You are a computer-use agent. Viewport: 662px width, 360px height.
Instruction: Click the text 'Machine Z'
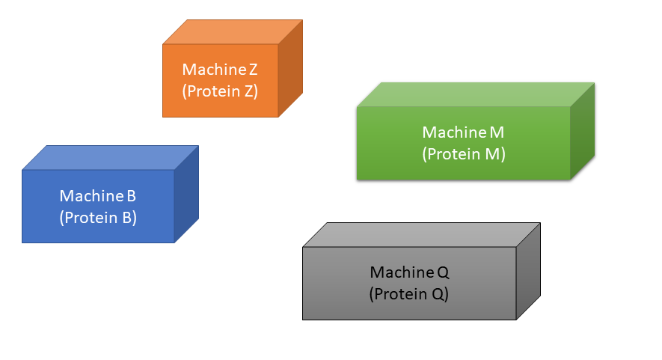pyautogui.click(x=220, y=70)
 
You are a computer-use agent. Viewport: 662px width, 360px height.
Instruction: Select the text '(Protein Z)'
pyautogui.click(x=220, y=91)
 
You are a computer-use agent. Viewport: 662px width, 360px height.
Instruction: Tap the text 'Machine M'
pyautogui.click(x=463, y=132)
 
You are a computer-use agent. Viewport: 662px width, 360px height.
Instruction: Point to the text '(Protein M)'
pyautogui.click(x=464, y=154)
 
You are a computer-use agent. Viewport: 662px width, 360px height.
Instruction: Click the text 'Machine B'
pyautogui.click(x=98, y=196)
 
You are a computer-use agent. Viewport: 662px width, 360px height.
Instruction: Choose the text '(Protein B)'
pyautogui.click(x=98, y=218)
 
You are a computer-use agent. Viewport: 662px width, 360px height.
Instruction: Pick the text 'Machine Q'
pyautogui.click(x=409, y=271)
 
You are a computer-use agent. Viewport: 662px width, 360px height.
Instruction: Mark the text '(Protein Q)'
pyautogui.click(x=409, y=293)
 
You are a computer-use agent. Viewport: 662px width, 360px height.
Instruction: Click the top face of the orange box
pyautogui.click(x=233, y=32)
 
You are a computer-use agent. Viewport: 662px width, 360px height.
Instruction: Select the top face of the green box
pyautogui.click(x=476, y=95)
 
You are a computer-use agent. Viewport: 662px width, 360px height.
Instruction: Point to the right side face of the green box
pyautogui.click(x=582, y=131)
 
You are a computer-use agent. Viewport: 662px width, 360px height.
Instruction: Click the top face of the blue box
pyautogui.click(x=111, y=158)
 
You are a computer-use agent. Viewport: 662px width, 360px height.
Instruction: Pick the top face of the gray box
pyautogui.click(x=421, y=235)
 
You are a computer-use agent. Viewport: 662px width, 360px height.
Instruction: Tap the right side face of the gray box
pyautogui.click(x=528, y=271)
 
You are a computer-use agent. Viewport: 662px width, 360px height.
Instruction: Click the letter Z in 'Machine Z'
pyautogui.click(x=253, y=70)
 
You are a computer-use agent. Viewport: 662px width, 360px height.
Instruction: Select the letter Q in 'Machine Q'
pyautogui.click(x=442, y=271)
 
